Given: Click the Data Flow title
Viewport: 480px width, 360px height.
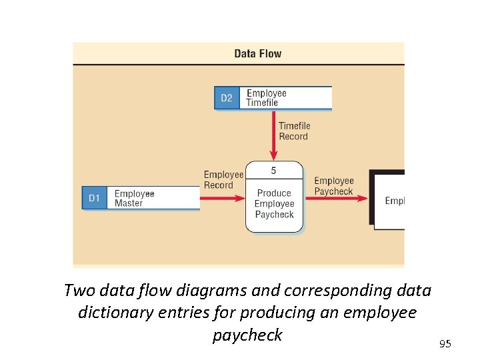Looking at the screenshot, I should click(258, 53).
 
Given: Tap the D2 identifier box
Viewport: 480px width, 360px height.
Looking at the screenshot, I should click(227, 98).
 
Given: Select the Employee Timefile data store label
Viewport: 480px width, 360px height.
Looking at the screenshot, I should click(267, 98).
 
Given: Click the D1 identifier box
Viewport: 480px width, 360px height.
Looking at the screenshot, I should click(95, 198).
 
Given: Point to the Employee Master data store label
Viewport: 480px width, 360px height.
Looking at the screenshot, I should click(134, 198).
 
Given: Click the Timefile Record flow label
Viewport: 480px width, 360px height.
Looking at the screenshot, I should click(294, 131).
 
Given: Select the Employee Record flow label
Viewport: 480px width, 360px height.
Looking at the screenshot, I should click(223, 180).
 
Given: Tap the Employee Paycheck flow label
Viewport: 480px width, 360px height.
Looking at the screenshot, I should click(334, 186).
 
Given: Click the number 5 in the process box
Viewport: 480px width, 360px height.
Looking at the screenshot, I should click(274, 171).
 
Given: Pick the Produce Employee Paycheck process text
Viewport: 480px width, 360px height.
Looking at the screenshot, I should click(274, 203).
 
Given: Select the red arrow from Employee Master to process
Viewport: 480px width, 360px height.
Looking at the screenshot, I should click(223, 198).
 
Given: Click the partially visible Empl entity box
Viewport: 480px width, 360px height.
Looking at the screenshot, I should click(390, 200).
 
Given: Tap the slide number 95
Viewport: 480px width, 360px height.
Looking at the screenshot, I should click(445, 344).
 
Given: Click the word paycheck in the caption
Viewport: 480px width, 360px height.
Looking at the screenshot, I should click(247, 335).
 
